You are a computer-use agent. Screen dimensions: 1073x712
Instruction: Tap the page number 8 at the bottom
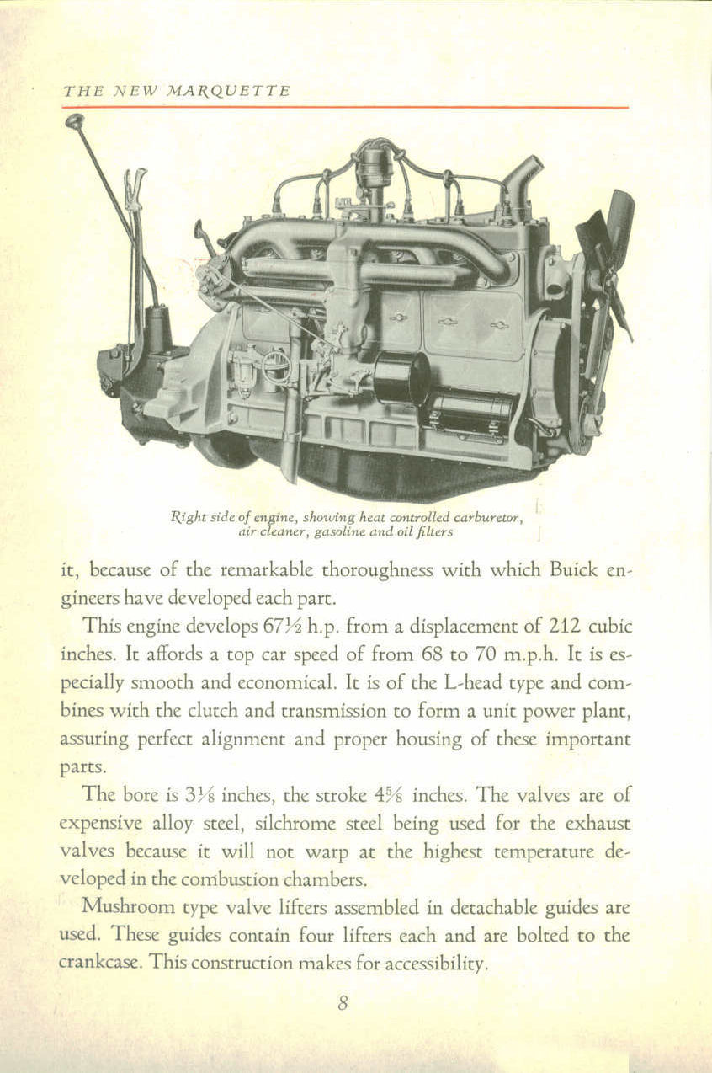pos(343,1003)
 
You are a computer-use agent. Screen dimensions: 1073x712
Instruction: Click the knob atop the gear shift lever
pos(73,120)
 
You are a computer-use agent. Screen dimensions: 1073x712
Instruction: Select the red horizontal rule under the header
pos(345,108)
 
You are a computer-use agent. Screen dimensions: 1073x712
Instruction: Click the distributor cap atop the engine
pos(374,164)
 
